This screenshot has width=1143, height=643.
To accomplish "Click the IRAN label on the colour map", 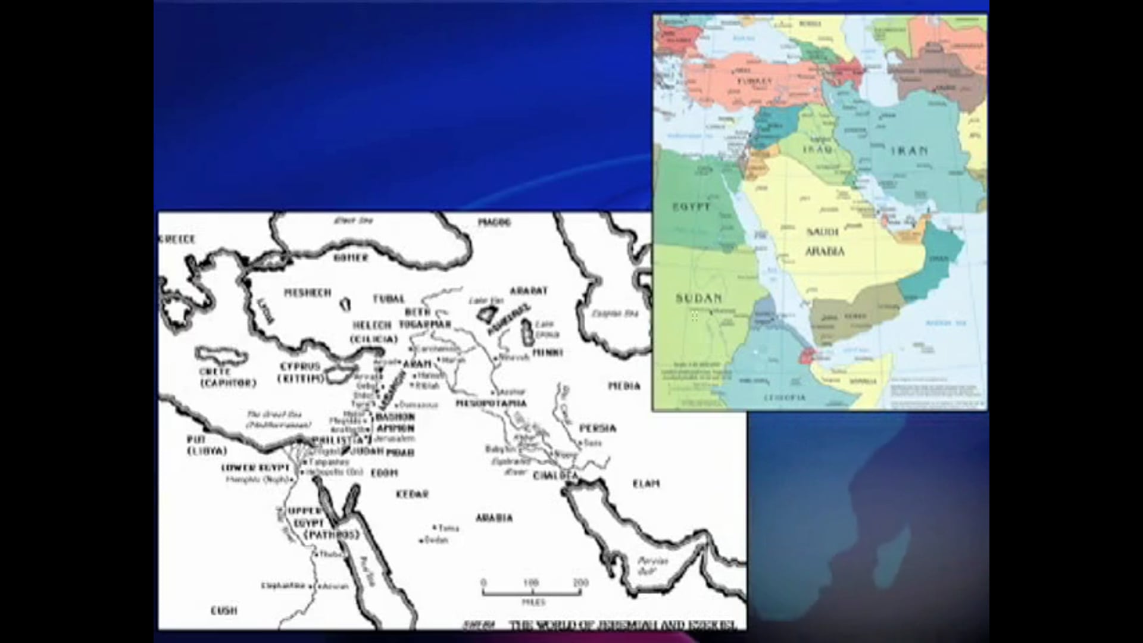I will coord(909,151).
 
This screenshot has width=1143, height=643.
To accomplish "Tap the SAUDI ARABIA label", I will coord(825,242).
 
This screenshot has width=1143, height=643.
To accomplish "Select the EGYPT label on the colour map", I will coord(691,207).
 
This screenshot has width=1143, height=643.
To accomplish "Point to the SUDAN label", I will coord(699,298).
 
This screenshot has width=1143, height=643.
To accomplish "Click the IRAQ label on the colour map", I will coord(817,149).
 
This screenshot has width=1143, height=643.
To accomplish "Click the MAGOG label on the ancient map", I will coord(494,222).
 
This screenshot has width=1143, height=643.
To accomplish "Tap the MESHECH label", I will coord(307,292).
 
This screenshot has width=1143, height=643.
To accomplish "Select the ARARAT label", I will coord(528,291).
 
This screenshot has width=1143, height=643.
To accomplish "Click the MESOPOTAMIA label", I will coord(491,403).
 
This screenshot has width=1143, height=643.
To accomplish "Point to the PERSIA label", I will coord(597,428).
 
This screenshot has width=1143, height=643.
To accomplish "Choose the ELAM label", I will coord(646,483).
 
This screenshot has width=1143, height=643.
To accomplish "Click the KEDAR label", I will coord(412,494).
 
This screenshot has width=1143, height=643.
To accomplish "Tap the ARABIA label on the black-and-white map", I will coord(494,518).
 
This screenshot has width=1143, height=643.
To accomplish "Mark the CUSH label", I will coord(224,610).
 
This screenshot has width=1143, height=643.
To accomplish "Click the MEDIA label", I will coord(624,386).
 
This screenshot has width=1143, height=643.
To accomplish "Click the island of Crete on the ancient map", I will coord(221,356).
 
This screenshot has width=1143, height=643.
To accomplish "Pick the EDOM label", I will coord(384,473).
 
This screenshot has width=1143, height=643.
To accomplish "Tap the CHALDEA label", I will coord(555,476).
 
